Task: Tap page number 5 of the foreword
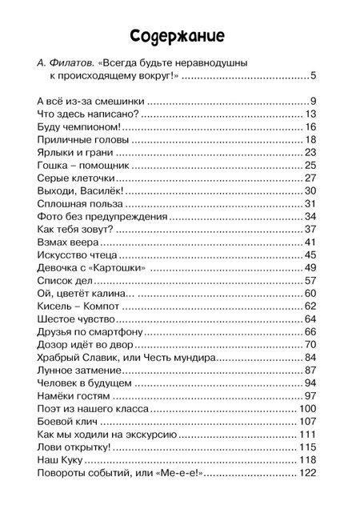point(314,76)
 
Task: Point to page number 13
point(312,114)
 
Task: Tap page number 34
point(312,217)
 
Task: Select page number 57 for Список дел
point(312,281)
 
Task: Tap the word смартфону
point(114,332)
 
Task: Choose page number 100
point(309,409)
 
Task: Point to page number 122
point(309,473)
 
